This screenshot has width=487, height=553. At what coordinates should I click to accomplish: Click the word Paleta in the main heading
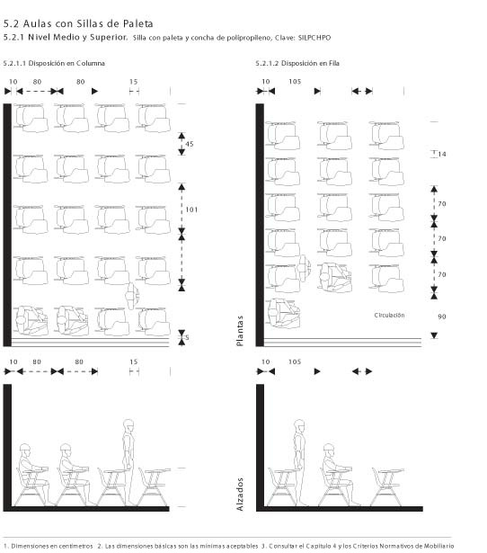tap(137, 24)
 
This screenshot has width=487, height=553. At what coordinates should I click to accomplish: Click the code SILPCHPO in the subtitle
tap(314, 38)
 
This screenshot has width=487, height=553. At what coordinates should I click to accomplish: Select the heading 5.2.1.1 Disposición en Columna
tap(54, 64)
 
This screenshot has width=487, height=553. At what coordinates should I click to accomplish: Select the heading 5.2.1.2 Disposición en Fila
tap(297, 64)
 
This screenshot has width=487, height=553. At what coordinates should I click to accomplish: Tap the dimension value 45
tap(190, 144)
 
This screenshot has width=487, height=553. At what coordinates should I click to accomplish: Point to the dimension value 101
tap(191, 210)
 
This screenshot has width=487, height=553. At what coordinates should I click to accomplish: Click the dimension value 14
tap(442, 154)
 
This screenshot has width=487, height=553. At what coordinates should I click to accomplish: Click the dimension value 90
tap(442, 317)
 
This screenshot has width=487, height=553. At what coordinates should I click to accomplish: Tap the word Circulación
tap(389, 315)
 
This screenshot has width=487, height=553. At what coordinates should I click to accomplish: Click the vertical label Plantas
tap(240, 331)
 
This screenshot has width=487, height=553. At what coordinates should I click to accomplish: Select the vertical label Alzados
tap(240, 495)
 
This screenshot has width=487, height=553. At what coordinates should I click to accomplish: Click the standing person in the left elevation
tap(128, 462)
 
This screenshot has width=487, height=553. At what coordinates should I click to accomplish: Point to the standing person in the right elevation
tap(299, 462)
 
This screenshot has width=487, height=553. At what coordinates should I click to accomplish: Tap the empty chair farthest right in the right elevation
tap(387, 486)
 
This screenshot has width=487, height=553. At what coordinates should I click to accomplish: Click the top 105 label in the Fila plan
tap(295, 82)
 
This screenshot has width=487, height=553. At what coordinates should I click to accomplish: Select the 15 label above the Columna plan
tap(133, 82)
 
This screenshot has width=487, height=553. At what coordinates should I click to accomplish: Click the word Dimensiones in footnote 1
tap(30, 546)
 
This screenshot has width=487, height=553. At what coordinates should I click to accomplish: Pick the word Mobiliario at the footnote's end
tap(440, 546)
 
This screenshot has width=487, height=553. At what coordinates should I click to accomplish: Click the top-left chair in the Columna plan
tap(31, 118)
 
